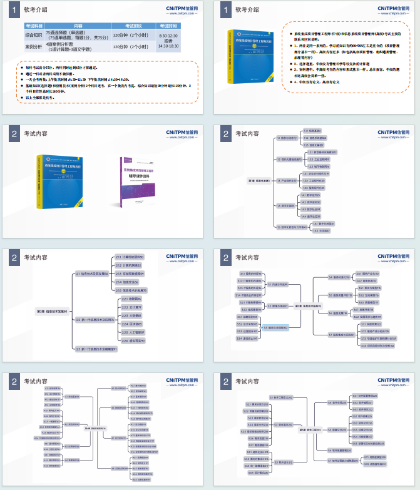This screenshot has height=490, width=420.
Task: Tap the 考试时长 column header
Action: click(131, 26)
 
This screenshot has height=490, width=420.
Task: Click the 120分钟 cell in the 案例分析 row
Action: click(131, 46)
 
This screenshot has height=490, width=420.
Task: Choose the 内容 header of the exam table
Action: click(78, 26)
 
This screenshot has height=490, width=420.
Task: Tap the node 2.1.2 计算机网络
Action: click(130, 265)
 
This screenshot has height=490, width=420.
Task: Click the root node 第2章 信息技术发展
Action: click(53, 311)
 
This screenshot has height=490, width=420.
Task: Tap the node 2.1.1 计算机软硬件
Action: click(131, 257)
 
